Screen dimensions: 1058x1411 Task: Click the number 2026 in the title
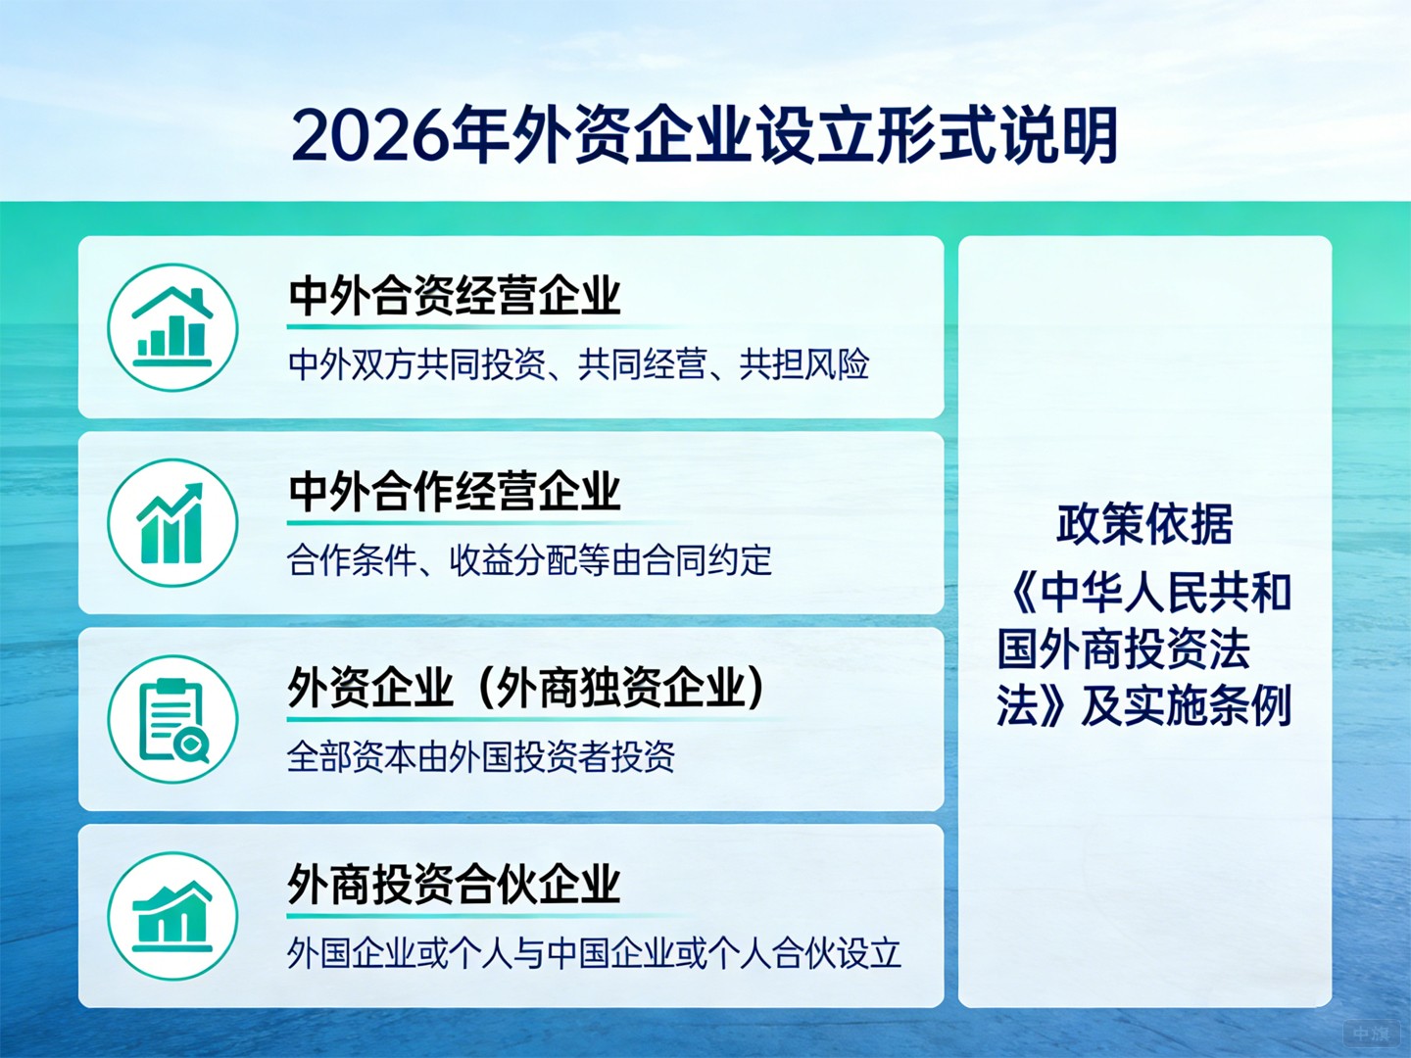coord(371,136)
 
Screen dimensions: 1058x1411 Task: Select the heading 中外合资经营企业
coord(455,295)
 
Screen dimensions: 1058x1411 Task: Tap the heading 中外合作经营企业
coord(455,491)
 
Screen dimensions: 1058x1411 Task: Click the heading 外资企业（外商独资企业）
coord(526,687)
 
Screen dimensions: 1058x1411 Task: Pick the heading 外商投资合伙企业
coord(455,884)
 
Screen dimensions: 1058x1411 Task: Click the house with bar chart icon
coord(172,327)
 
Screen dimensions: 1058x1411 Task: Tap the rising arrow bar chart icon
coord(172,523)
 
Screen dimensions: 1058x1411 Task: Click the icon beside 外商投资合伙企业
coord(172,916)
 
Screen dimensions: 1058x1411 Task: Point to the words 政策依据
coord(1144,524)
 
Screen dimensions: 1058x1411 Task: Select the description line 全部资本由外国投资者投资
coord(481,756)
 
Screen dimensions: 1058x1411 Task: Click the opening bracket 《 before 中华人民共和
coord(1021,593)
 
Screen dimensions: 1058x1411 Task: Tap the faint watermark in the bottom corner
coord(1370,1034)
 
